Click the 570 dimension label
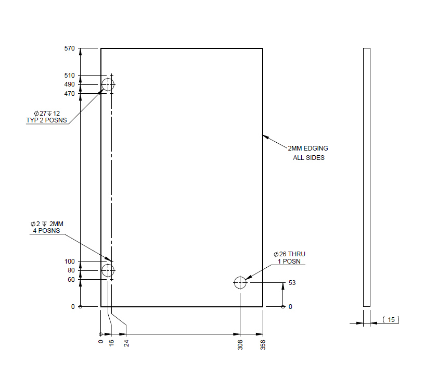pyautogui.click(x=69, y=48)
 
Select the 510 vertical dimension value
pyautogui.click(x=69, y=76)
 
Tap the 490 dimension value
pyautogui.click(x=69, y=84)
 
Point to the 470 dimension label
pyautogui.click(x=69, y=94)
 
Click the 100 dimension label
pyautogui.click(x=69, y=261)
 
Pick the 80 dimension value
pyautogui.click(x=71, y=270)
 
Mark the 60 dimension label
pyautogui.click(x=71, y=280)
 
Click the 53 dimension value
pyautogui.click(x=292, y=283)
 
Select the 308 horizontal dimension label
pyautogui.click(x=240, y=344)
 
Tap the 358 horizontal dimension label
pyautogui.click(x=263, y=344)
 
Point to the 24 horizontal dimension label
pyautogui.click(x=126, y=343)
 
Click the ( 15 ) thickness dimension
pyautogui.click(x=391, y=319)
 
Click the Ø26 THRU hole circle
pyautogui.click(x=240, y=283)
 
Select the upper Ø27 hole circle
pyautogui.click(x=108, y=84)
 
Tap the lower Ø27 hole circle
pyautogui.click(x=108, y=270)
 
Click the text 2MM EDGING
pyautogui.click(x=308, y=148)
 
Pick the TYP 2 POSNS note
pyautogui.click(x=47, y=120)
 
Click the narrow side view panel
pyautogui.click(x=366, y=177)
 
